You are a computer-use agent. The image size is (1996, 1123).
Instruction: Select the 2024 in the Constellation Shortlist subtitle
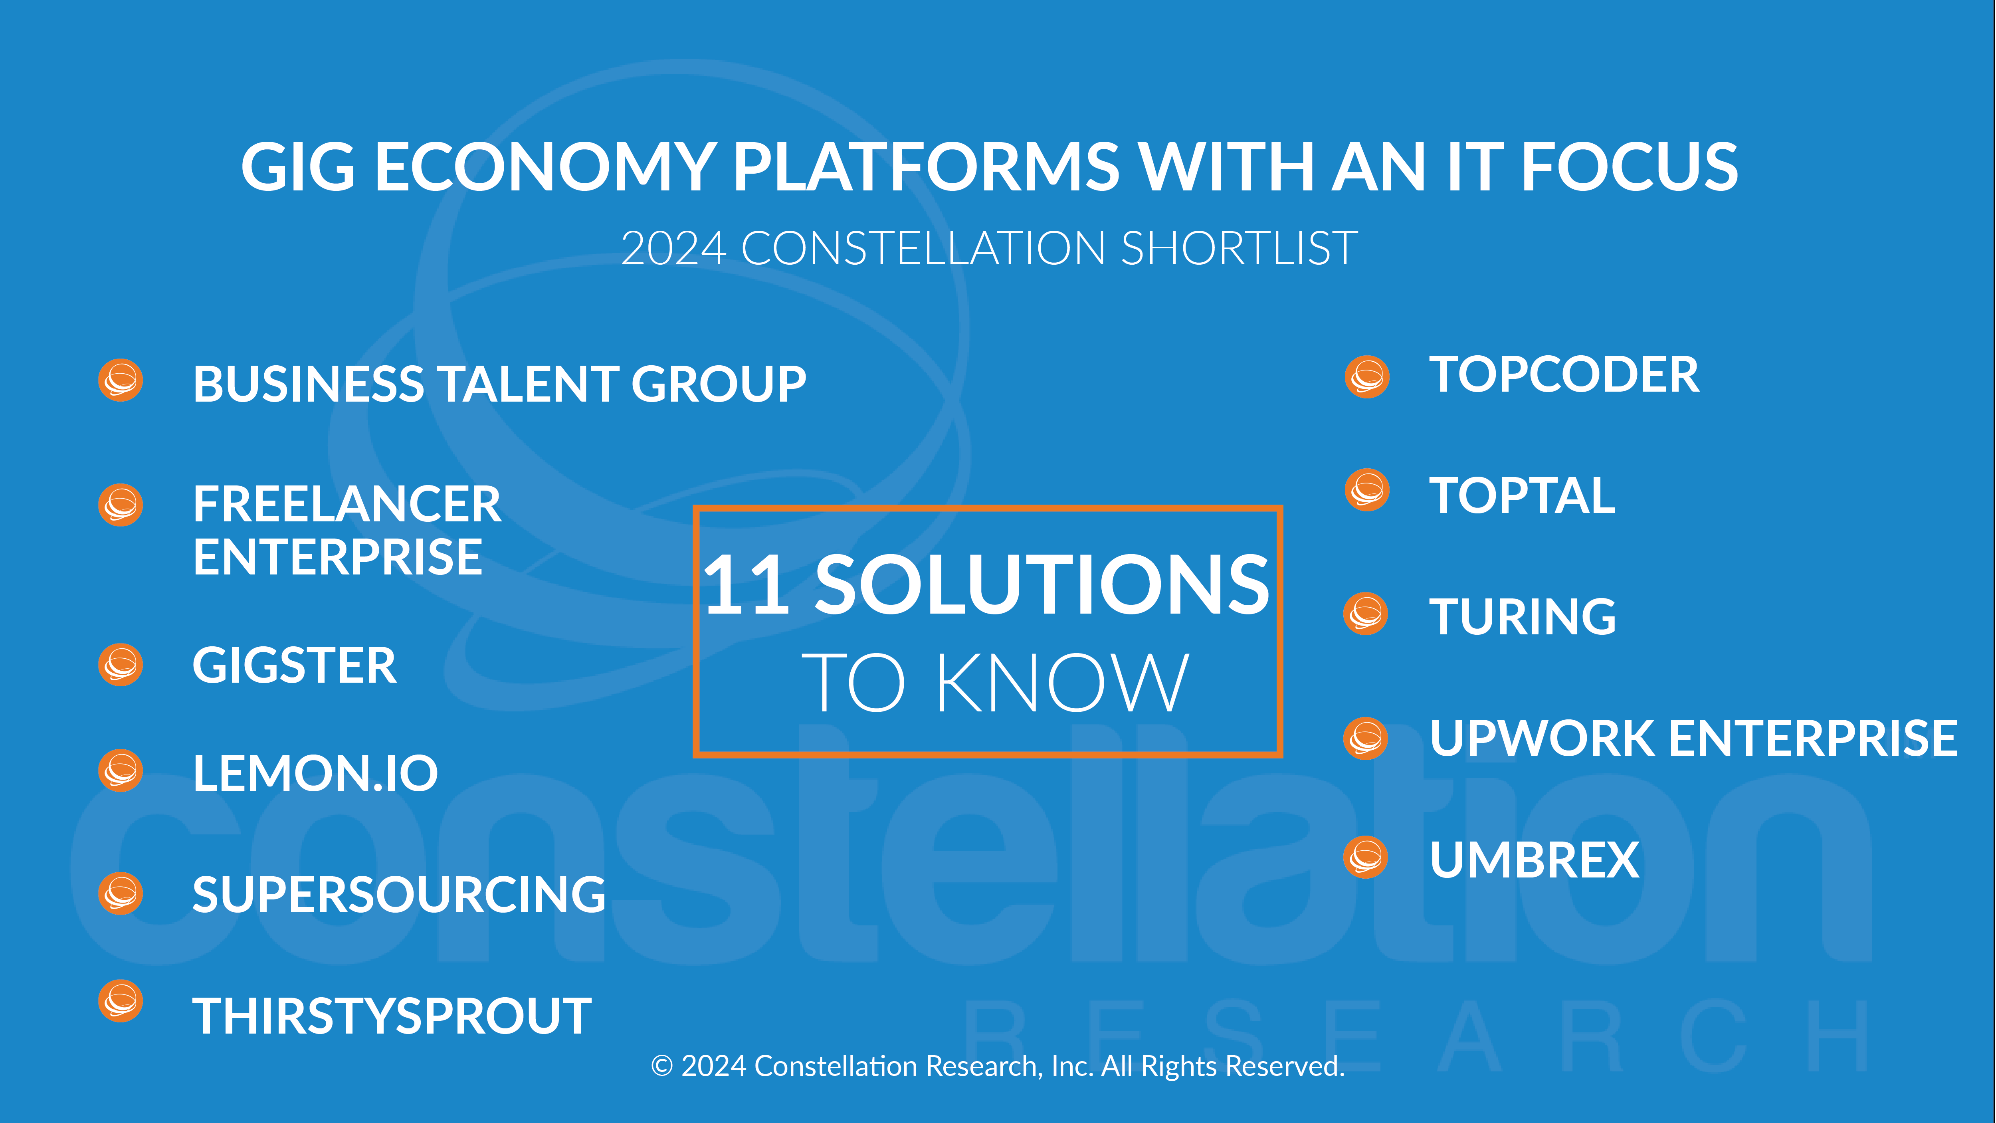[673, 249]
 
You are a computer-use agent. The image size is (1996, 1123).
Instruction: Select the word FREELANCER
[347, 505]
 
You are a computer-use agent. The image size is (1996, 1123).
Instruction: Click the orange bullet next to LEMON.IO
[121, 770]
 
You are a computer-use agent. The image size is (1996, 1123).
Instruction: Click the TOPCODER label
[1564, 375]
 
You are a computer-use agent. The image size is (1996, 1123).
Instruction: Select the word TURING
[1523, 617]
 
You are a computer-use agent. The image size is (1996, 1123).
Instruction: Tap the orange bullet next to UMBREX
[1366, 857]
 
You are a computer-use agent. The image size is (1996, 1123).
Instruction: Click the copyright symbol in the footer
[662, 1066]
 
